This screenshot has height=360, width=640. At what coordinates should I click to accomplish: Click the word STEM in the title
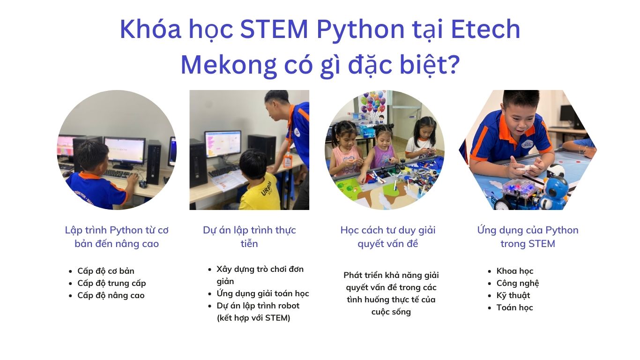pos(274,29)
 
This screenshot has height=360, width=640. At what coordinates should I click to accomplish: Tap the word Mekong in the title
pos(229,65)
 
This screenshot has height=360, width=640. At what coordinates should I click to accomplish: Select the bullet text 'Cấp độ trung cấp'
pos(112,284)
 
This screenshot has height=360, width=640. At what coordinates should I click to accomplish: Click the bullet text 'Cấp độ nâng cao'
pos(111,295)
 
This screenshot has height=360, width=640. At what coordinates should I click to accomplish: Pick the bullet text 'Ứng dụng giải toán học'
pos(262,293)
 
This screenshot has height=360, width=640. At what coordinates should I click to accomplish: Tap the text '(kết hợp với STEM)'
pos(253,318)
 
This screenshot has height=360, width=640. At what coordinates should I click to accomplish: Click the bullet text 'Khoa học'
pos(514,271)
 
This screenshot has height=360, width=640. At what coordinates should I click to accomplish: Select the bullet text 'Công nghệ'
pos(517,283)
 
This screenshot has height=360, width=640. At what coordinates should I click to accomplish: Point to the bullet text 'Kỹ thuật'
pos(513,295)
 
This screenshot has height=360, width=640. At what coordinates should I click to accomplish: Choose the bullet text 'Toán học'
pos(514,307)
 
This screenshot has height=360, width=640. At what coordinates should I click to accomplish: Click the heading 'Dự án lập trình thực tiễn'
pos(249,237)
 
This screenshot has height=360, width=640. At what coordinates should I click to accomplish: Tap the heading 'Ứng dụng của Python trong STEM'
pos(528,237)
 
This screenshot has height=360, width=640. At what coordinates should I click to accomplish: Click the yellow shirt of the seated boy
pos(259,195)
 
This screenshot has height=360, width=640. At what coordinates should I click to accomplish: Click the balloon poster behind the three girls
pos(372,106)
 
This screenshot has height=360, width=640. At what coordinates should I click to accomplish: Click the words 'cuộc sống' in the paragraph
pos(391,312)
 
